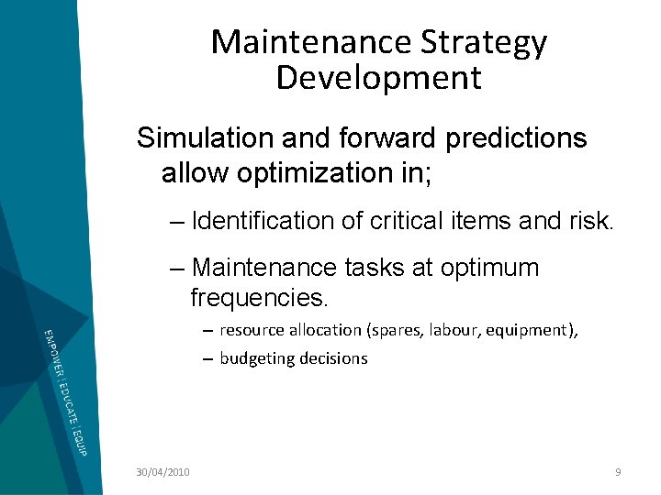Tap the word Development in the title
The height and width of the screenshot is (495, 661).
click(378, 78)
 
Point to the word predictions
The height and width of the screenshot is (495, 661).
click(516, 138)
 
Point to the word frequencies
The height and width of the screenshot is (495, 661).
click(259, 298)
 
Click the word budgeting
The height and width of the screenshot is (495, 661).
click(253, 358)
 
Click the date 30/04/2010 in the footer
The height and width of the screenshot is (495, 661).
click(162, 471)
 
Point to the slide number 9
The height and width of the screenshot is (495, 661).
click(618, 471)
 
